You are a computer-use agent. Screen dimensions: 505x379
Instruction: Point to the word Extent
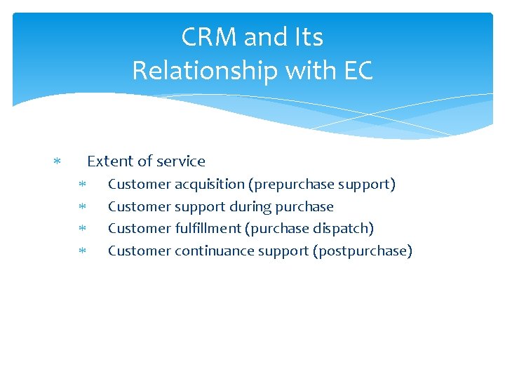pyautogui.click(x=109, y=161)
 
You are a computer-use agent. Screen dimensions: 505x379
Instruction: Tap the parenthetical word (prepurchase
pyautogui.click(x=290, y=185)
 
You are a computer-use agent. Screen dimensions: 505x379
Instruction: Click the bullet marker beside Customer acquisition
pyautogui.click(x=81, y=185)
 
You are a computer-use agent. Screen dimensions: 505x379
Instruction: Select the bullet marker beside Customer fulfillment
pyautogui.click(x=81, y=230)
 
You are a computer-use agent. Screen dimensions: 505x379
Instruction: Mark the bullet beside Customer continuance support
pyautogui.click(x=81, y=251)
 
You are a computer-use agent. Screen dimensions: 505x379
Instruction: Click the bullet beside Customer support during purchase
pyautogui.click(x=81, y=207)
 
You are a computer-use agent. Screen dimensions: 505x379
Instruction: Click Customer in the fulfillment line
pyautogui.click(x=140, y=229)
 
